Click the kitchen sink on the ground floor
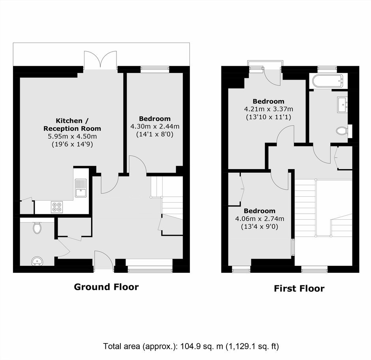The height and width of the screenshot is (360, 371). tap(81, 188)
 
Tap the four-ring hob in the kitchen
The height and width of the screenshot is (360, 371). tap(57, 207)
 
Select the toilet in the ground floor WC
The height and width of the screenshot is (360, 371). tap(37, 228)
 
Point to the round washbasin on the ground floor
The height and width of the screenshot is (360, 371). tap(37, 261)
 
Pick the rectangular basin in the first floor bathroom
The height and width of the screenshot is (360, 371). tap(343, 105)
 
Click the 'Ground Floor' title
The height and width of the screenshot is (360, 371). tap(106, 287)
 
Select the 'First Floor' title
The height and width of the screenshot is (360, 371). tap(299, 288)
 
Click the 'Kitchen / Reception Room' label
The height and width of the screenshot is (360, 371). tap(72, 125)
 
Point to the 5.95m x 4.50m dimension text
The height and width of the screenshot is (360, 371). tap(72, 136)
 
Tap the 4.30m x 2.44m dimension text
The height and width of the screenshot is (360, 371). tap(155, 127)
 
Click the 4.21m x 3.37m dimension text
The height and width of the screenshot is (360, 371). tap(268, 109)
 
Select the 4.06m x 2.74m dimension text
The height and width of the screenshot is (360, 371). tap(260, 219)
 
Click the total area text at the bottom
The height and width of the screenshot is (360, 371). tap(191, 346)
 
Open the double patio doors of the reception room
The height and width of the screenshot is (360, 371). tap(100, 60)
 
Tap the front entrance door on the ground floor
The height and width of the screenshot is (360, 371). tap(104, 260)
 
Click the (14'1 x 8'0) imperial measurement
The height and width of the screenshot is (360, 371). tap(155, 134)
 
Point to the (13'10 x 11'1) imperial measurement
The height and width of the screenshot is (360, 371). tap(268, 117)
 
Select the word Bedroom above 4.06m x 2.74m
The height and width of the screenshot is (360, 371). tap(260, 211)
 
